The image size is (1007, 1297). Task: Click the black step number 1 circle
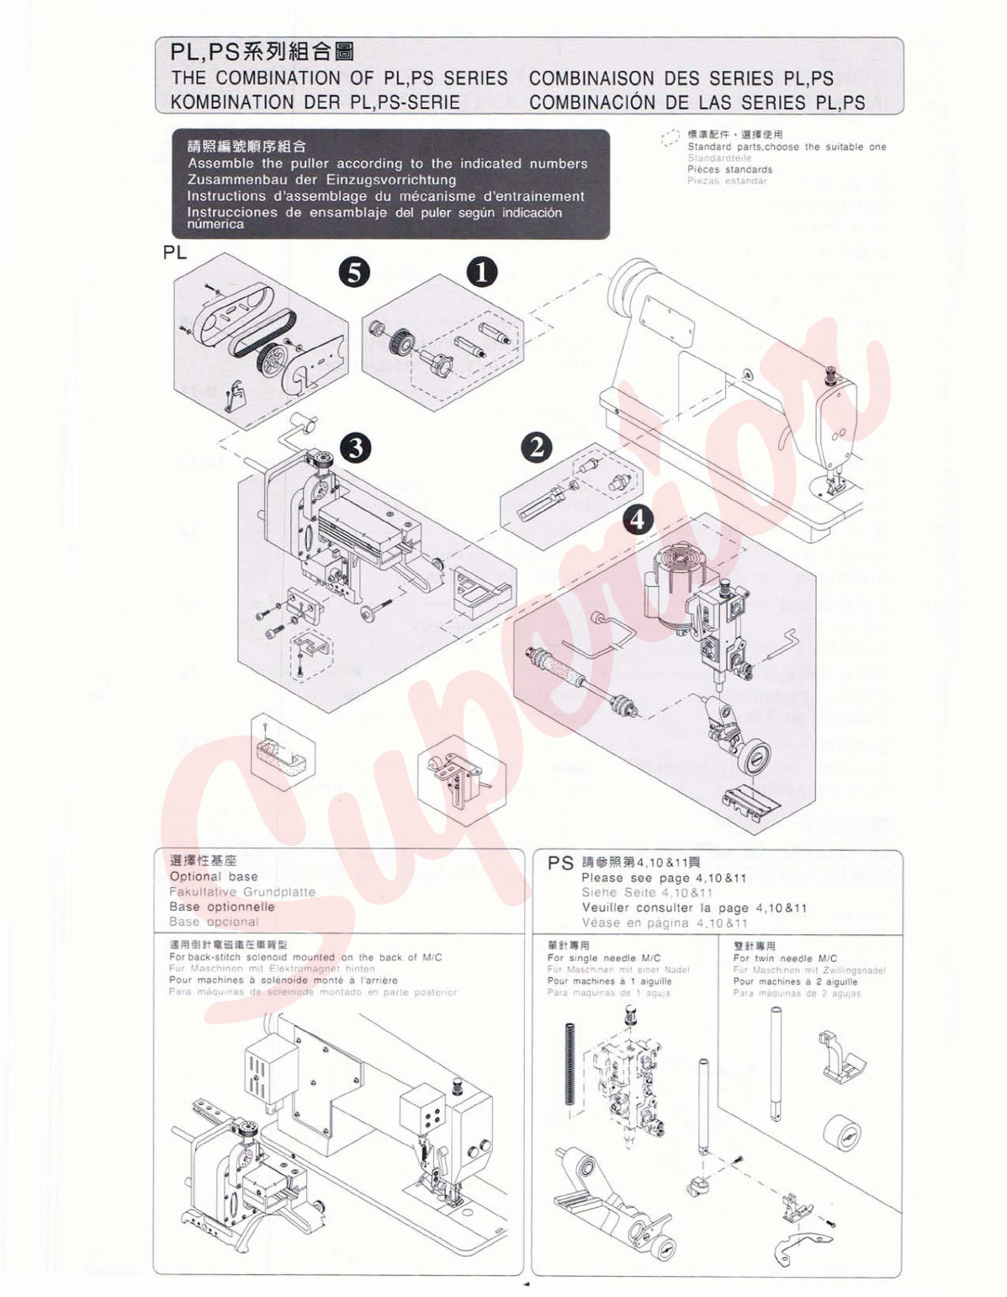(482, 273)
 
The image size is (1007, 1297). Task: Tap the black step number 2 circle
(537, 447)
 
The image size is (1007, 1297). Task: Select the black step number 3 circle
(356, 447)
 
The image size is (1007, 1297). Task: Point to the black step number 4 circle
(638, 518)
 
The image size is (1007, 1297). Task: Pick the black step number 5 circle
(354, 273)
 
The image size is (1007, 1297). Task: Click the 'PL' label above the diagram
(175, 252)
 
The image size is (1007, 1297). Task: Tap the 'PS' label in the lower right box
(560, 864)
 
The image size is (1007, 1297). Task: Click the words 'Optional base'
(214, 876)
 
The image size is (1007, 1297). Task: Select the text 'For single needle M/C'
(604, 958)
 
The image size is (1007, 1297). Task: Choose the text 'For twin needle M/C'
(785, 958)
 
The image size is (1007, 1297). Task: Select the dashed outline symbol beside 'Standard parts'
(670, 139)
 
